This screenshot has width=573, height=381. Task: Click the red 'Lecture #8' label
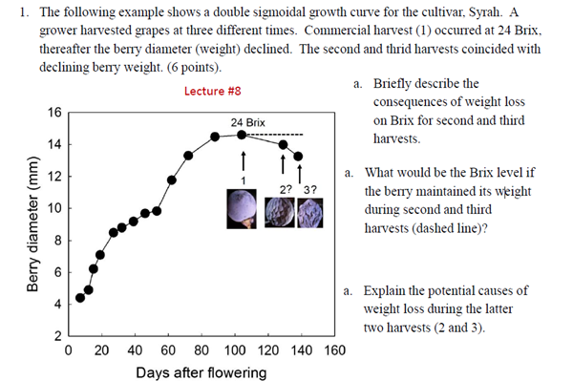(211, 92)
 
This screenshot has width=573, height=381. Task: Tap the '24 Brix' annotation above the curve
(248, 123)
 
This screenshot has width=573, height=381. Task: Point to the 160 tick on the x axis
(334, 350)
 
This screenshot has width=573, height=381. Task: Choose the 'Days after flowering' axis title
(201, 372)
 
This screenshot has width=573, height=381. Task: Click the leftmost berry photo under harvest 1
(241, 208)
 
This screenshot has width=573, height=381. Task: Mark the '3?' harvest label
(308, 187)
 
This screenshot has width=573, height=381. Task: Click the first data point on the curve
(80, 298)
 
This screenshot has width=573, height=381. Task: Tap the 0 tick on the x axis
(68, 350)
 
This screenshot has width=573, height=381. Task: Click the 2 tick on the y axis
(56, 336)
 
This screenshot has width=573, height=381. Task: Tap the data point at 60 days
(172, 180)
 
